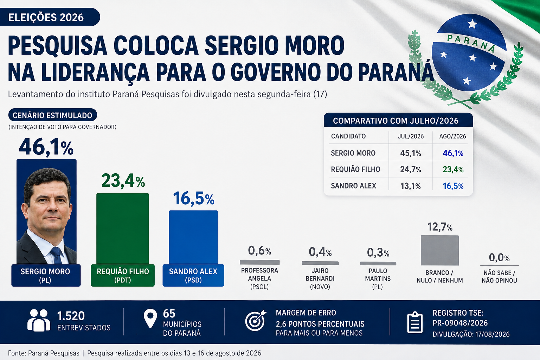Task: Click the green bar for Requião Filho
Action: (122, 229)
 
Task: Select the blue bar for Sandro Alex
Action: (193, 237)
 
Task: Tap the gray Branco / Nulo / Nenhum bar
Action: (440, 250)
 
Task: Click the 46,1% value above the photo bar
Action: (46, 147)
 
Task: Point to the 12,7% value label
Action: (440, 227)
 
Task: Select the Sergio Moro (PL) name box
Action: (46, 275)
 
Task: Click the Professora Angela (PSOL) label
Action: (259, 278)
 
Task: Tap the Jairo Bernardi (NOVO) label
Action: (320, 278)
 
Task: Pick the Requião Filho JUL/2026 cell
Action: (411, 169)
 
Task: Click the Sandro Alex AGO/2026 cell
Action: (453, 186)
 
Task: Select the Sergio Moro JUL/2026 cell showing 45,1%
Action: (411, 153)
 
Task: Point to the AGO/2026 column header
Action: (452, 136)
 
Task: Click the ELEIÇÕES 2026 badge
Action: (50, 17)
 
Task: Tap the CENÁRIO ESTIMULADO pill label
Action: (52, 115)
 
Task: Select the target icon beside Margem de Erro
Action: (256, 320)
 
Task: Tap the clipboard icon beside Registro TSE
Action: (415, 322)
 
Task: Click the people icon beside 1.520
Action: (39, 320)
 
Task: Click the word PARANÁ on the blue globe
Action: (471, 43)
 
